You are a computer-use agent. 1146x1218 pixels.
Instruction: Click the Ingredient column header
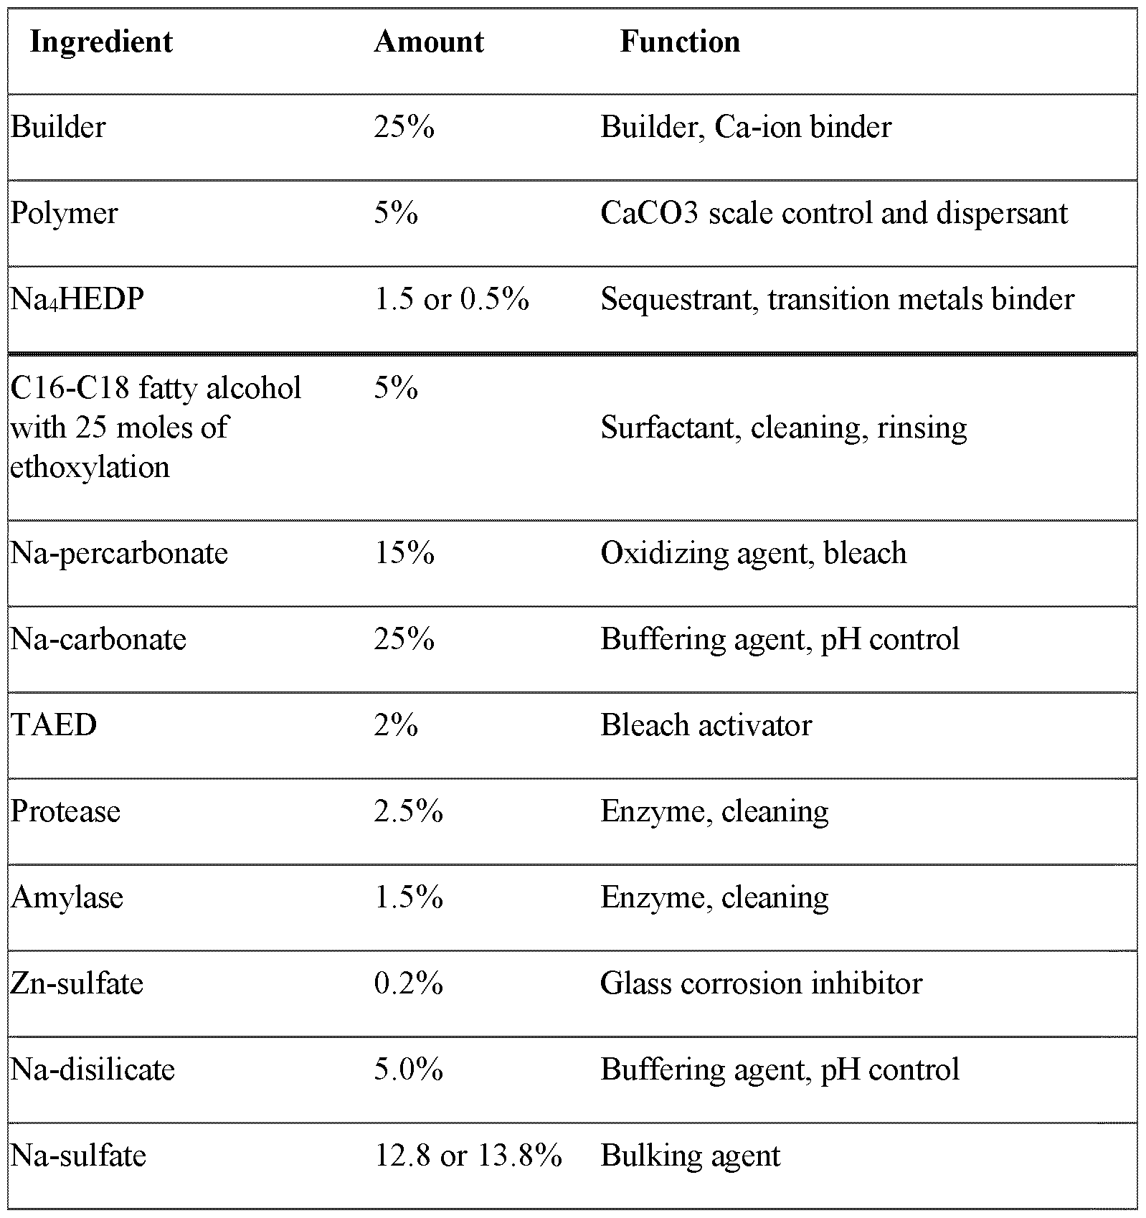(101, 42)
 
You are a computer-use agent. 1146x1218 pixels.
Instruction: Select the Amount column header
(429, 42)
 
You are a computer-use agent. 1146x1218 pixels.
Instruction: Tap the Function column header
(680, 42)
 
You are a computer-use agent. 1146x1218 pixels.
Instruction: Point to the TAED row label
(54, 725)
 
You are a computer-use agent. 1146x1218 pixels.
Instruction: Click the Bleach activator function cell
(706, 725)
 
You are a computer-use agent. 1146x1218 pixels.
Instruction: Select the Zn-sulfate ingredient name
(77, 983)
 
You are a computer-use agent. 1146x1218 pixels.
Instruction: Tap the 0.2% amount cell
(408, 983)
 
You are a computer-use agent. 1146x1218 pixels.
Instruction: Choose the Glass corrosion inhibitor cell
(761, 983)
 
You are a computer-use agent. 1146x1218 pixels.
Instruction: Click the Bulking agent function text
(690, 1156)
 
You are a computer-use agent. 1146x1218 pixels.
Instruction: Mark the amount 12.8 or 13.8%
(468, 1156)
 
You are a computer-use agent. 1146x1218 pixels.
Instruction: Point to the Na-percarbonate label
(119, 553)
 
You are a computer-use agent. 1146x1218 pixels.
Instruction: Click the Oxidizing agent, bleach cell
(753, 553)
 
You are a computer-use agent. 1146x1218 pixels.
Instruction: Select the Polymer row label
(65, 214)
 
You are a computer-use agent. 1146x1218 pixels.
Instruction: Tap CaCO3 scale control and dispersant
(834, 214)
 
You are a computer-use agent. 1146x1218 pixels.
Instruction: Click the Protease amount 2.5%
(408, 811)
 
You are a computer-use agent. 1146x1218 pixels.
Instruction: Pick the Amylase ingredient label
(67, 897)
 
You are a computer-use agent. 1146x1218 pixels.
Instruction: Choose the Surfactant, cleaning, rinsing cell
(783, 428)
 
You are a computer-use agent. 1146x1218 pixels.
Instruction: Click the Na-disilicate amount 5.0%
(408, 1070)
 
